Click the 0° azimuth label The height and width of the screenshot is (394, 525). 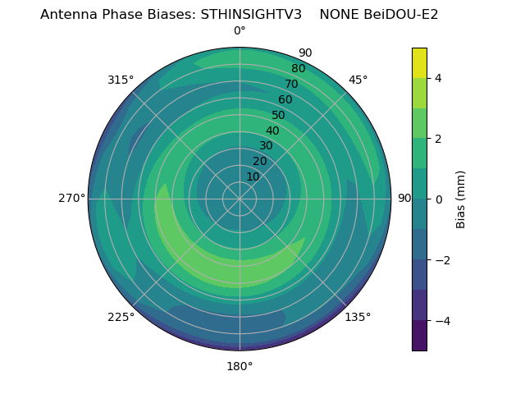[x=240, y=31]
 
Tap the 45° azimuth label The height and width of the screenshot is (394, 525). [x=358, y=80]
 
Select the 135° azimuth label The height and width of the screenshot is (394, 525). [x=358, y=317]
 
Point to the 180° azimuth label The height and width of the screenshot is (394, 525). [x=240, y=366]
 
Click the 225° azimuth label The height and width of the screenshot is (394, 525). [x=121, y=317]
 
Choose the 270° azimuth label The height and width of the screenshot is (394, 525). [x=71, y=198]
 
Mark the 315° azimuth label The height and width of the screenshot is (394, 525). [x=121, y=80]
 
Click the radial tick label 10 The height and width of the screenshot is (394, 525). [x=253, y=176]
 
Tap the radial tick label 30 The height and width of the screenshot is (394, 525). [x=266, y=145]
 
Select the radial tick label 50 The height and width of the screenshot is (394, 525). [x=279, y=115]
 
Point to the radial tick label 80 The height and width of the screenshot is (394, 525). [x=299, y=68]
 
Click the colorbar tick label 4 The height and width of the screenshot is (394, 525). [x=438, y=78]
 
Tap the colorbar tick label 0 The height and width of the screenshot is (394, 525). [x=438, y=199]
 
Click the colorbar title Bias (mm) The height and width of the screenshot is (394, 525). [x=461, y=199]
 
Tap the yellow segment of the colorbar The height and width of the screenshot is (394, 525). [x=419, y=63]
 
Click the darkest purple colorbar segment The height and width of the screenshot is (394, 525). [x=419, y=335]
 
